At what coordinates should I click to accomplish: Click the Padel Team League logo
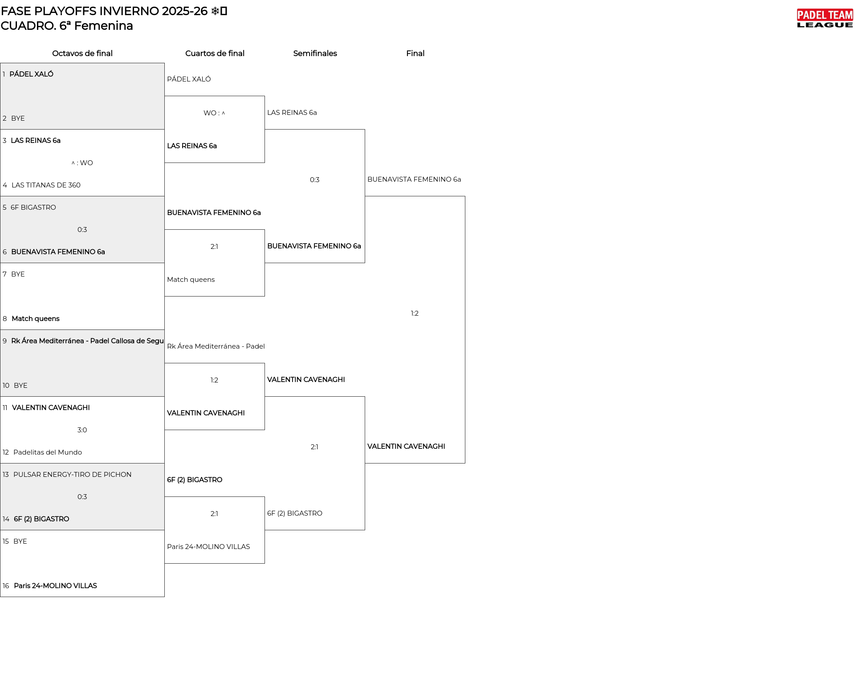click(825, 18)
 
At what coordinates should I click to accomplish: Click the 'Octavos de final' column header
click(82, 53)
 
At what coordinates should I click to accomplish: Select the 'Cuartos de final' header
click(215, 53)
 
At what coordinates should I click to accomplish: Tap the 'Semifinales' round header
click(315, 53)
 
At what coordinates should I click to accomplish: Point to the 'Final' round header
click(415, 53)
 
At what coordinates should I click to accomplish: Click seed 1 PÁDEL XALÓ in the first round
click(31, 74)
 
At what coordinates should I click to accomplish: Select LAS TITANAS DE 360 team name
click(46, 185)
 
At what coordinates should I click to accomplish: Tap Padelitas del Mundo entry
click(48, 452)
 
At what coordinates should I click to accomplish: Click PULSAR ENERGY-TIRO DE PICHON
click(72, 475)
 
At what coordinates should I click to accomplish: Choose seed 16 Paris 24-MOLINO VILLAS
click(55, 586)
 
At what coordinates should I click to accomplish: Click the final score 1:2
click(415, 313)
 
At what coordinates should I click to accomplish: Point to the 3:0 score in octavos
click(82, 430)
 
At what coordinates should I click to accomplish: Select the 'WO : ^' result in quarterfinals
click(214, 113)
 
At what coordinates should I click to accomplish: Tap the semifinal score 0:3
click(314, 180)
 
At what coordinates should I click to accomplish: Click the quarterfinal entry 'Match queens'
click(191, 280)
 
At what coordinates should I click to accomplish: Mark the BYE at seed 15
click(20, 541)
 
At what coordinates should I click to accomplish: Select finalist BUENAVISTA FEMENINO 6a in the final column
click(414, 179)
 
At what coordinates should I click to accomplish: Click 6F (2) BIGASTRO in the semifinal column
click(295, 513)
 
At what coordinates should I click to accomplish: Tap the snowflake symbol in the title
click(215, 11)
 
